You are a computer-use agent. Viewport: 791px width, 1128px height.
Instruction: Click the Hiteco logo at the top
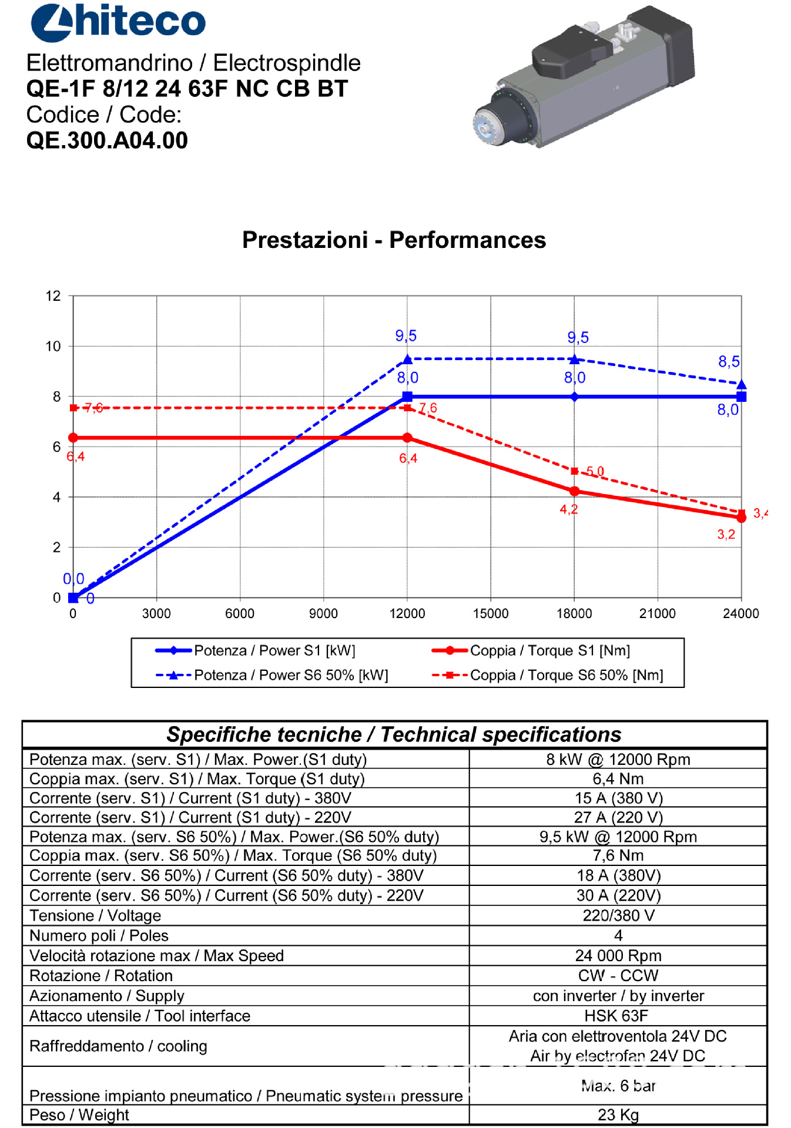[x=118, y=22]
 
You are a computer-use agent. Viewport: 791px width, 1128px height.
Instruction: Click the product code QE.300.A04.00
[x=107, y=140]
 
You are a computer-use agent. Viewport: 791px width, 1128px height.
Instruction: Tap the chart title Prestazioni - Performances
[x=394, y=240]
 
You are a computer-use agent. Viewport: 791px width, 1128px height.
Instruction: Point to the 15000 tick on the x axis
[x=491, y=613]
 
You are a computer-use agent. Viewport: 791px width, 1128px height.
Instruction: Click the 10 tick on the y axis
[x=53, y=346]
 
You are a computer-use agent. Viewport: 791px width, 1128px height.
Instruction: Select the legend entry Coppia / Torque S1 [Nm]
[x=549, y=650]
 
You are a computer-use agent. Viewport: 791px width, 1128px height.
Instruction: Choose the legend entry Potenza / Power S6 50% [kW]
[x=291, y=675]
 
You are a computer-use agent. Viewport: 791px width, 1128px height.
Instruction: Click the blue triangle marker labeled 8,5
[x=742, y=385]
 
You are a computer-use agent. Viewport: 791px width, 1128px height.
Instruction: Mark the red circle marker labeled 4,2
[x=575, y=491]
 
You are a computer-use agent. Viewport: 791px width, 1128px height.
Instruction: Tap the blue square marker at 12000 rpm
[x=407, y=397]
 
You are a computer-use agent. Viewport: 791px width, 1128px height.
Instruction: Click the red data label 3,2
[x=726, y=535]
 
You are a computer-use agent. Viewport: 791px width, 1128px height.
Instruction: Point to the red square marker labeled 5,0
[x=575, y=471]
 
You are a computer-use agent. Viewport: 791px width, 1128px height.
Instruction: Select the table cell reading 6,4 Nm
[x=618, y=778]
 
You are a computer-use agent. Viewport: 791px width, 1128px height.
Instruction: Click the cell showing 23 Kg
[x=618, y=1114]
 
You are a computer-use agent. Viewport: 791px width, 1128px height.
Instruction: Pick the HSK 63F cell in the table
[x=618, y=1016]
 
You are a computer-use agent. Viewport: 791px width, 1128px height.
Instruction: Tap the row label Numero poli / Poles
[x=99, y=935]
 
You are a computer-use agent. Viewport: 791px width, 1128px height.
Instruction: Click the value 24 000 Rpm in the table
[x=618, y=955]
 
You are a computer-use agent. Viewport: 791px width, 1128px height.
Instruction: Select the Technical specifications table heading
[x=394, y=734]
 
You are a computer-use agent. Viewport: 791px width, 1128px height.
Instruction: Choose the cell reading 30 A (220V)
[x=618, y=895]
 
